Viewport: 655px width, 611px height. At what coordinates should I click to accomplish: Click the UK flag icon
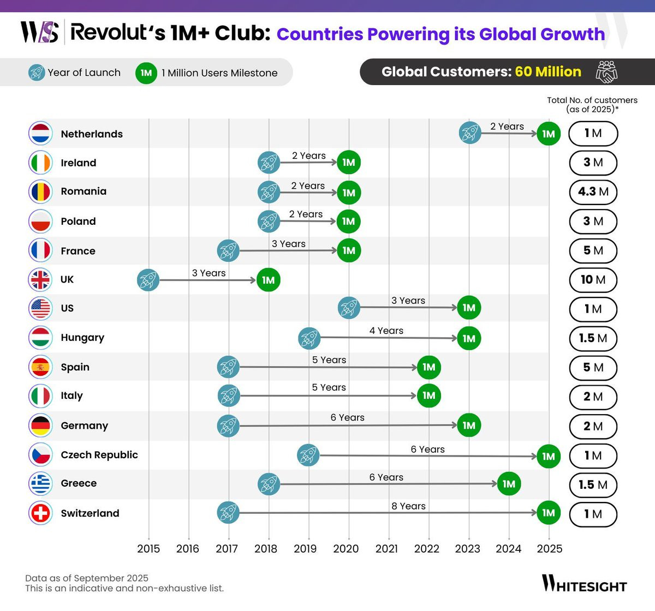coord(40,280)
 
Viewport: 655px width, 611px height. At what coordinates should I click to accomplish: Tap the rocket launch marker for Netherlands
coord(470,133)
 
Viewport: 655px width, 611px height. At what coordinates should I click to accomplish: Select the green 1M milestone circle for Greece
coord(509,484)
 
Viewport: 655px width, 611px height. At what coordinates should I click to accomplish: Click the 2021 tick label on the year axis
coord(386,549)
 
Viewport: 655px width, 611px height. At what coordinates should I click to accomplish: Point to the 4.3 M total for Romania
coord(593,192)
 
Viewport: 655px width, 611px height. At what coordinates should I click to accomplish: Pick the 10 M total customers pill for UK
coord(593,280)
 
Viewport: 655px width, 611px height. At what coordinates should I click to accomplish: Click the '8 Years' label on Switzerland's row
coord(408,506)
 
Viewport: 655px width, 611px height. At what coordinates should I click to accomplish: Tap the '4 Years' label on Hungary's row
coord(386,331)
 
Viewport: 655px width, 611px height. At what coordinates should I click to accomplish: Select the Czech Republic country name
coord(99,455)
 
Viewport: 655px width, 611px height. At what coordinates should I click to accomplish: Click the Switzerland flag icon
coord(40,513)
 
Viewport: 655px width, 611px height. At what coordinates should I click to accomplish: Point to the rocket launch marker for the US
coord(349,308)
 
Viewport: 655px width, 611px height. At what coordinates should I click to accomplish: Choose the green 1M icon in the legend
coord(146,73)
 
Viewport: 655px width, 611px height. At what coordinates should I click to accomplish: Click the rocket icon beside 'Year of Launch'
coord(37,73)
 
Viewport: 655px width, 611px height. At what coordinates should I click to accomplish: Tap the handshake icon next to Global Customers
coord(606,72)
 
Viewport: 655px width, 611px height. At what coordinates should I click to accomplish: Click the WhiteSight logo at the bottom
coord(584,584)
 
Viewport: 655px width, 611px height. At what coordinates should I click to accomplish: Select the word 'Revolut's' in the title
coord(118,33)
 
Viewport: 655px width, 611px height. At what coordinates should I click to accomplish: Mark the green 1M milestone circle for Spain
coord(429,367)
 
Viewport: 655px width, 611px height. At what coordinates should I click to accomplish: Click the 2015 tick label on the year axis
coord(148,549)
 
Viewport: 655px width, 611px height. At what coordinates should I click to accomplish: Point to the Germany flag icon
coord(40,426)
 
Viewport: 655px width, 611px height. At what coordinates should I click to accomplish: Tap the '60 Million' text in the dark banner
coord(548,72)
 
